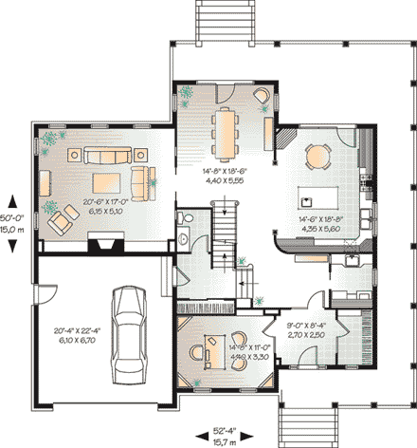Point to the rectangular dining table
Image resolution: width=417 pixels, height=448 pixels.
[x=225, y=133]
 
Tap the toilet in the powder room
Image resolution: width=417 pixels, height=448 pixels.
[x=188, y=220]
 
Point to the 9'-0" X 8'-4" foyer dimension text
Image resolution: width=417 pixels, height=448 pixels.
[x=304, y=331]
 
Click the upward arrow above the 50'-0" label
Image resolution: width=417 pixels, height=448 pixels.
[x=12, y=200]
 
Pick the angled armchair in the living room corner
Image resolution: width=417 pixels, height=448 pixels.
[x=61, y=222]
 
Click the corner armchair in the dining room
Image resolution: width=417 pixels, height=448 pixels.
[x=262, y=96]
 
